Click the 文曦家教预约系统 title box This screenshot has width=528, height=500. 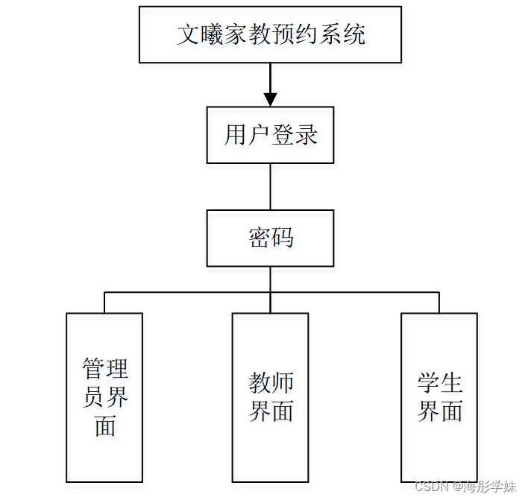pyautogui.click(x=270, y=34)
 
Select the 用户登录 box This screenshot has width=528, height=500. pyautogui.click(x=270, y=135)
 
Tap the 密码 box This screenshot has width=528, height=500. pyautogui.click(x=270, y=238)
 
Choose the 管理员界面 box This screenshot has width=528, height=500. pyautogui.click(x=104, y=397)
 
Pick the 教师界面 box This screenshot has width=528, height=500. pyautogui.click(x=270, y=397)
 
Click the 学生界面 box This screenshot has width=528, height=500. pyautogui.click(x=439, y=397)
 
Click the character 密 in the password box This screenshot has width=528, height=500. pyautogui.click(x=259, y=238)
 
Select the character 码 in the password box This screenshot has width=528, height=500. pyautogui.click(x=283, y=238)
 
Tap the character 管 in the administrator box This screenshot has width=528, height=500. pyautogui.click(x=93, y=370)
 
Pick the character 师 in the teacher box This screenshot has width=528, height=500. pyautogui.click(x=282, y=384)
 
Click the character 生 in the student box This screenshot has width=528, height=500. pyautogui.click(x=451, y=384)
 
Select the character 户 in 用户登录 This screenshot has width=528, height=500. pyautogui.click(x=259, y=135)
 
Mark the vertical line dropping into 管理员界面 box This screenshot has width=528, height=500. pyautogui.click(x=104, y=302)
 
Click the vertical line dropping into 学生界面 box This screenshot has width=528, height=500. pyautogui.click(x=439, y=302)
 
